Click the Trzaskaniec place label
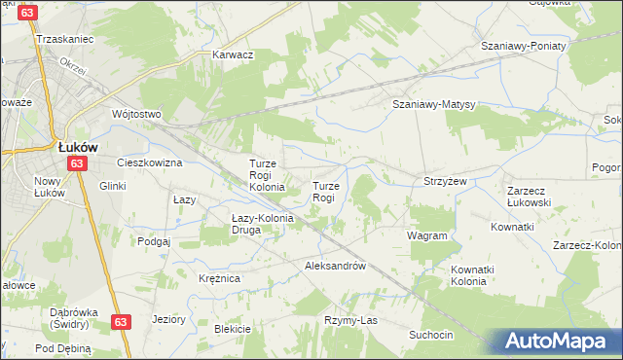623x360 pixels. point(63,39)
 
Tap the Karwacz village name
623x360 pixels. point(234,54)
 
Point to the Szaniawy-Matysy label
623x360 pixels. point(432,104)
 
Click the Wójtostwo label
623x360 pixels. point(135,114)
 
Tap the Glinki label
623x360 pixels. point(112,185)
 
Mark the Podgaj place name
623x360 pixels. point(154,240)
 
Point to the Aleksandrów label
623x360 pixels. point(335,266)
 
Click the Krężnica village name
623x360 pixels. point(219,278)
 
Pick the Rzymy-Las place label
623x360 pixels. point(350,320)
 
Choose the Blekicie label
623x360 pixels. point(233,329)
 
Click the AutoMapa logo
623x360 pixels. point(560,342)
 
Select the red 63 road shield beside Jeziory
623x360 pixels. point(120,322)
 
